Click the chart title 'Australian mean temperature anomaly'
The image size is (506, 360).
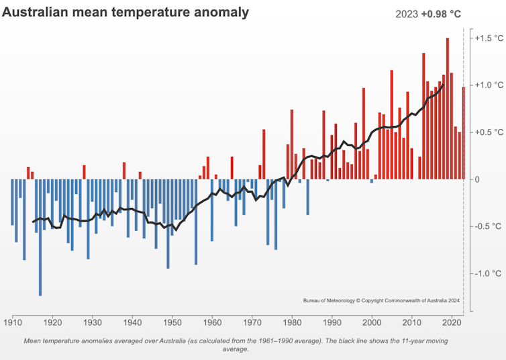125,12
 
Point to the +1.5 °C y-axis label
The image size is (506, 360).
487,38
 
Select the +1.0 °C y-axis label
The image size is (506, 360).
487,85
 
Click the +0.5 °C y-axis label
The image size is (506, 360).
487,132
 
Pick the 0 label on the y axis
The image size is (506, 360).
478,179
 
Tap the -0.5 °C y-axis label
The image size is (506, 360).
487,226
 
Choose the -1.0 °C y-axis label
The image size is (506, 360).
487,273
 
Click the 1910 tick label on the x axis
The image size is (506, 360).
13,322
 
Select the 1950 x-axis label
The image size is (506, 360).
172,322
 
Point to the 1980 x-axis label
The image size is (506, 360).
292,322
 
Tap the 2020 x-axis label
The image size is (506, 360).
452,322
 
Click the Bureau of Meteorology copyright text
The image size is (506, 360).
381,300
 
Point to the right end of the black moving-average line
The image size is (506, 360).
443,85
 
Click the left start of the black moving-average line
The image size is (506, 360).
33,222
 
